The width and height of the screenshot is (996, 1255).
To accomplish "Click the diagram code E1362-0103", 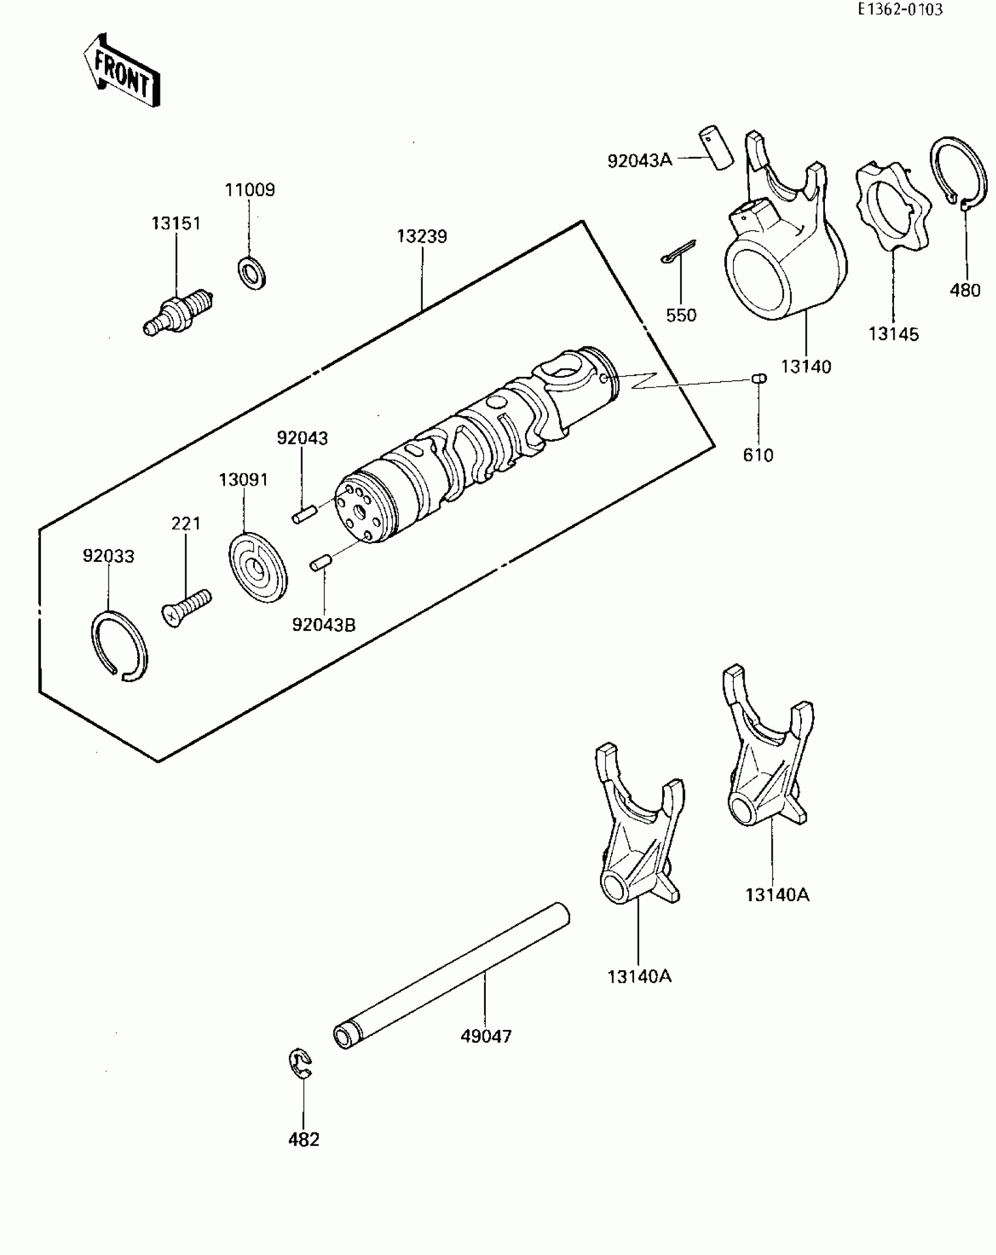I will (x=900, y=9).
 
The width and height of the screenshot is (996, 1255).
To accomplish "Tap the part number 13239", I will (x=422, y=236).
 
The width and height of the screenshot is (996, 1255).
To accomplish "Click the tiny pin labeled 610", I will (x=759, y=378).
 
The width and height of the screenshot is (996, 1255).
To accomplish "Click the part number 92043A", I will (x=639, y=161).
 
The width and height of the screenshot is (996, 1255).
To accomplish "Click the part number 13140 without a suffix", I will (x=806, y=367).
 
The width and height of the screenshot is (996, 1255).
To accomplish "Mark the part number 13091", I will (x=243, y=480).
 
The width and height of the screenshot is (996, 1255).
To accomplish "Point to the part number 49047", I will (x=486, y=1036).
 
